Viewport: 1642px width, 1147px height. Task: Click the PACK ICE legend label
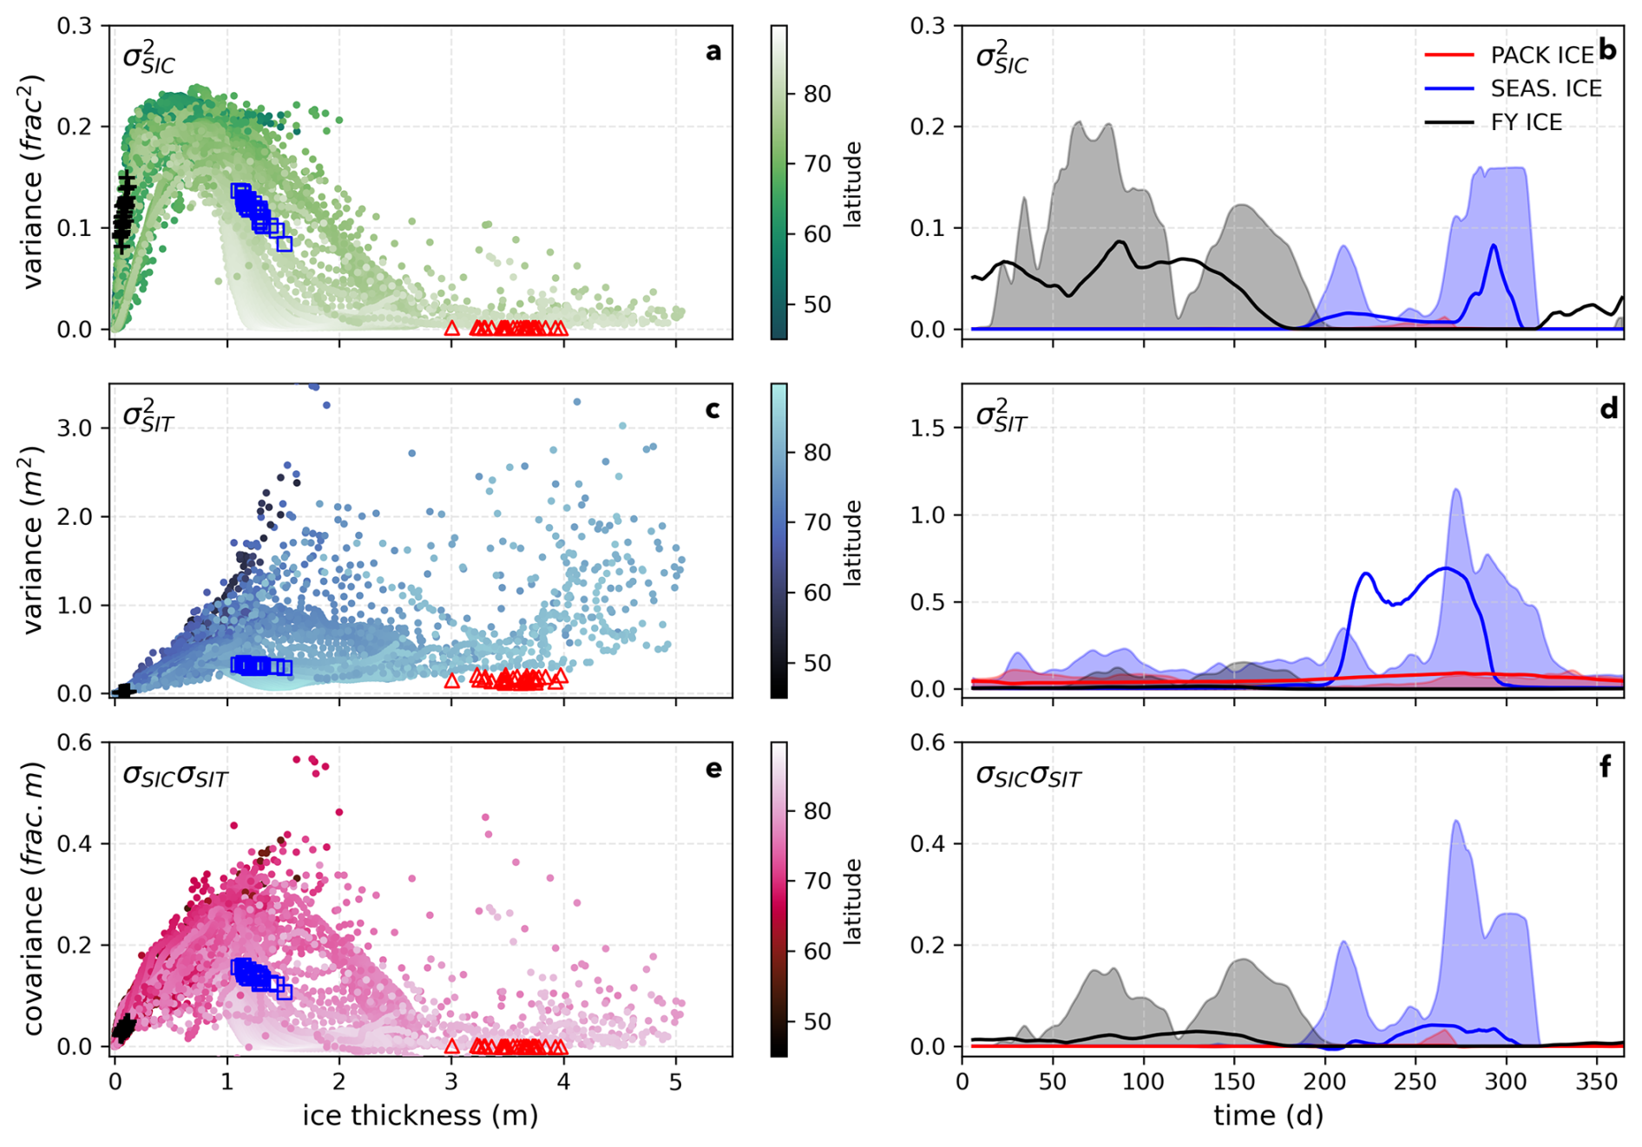[x=1541, y=55]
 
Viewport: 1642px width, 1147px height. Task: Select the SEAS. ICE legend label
[x=1546, y=88]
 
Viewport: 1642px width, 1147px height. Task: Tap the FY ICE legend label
[x=1526, y=122]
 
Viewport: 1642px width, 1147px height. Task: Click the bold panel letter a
[x=713, y=52]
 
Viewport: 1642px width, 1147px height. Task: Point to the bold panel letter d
[x=1608, y=409]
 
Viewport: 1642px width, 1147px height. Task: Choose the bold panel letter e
[x=713, y=769]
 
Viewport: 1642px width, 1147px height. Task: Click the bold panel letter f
[x=1606, y=767]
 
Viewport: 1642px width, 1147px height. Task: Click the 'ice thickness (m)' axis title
[x=420, y=1116]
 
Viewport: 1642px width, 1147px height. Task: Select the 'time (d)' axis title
[x=1268, y=1116]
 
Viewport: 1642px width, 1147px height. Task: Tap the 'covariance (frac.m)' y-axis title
[x=33, y=899]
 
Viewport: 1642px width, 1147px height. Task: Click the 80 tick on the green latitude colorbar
[x=818, y=94]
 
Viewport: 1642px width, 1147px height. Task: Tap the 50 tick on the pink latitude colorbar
[x=818, y=1021]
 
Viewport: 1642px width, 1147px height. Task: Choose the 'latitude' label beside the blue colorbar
[x=852, y=542]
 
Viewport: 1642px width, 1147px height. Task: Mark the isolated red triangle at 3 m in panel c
[x=451, y=681]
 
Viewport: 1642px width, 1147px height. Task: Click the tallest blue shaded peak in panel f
[x=1455, y=822]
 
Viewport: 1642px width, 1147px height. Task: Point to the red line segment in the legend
[x=1448, y=55]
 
